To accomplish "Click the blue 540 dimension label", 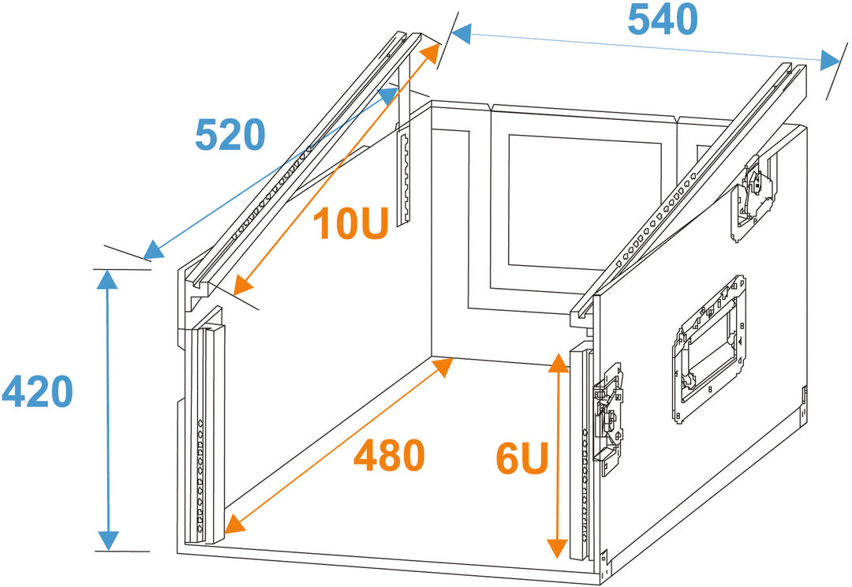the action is tap(663, 20).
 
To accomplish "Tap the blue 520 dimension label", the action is tap(230, 135).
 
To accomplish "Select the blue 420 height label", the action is tap(38, 391).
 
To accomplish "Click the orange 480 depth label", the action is tap(389, 455).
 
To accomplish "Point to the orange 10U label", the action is tap(351, 222).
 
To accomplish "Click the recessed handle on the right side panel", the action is tap(709, 348).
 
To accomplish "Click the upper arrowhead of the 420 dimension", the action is tap(107, 279).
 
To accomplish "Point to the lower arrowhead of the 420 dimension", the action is tap(109, 540).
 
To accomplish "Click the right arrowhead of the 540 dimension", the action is tap(830, 60).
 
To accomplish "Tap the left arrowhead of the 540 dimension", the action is tap(460, 34).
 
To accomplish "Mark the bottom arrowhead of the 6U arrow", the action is tap(558, 548).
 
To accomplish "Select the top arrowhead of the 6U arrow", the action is tap(558, 362).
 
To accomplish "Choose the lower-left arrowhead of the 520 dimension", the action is tap(154, 250).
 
